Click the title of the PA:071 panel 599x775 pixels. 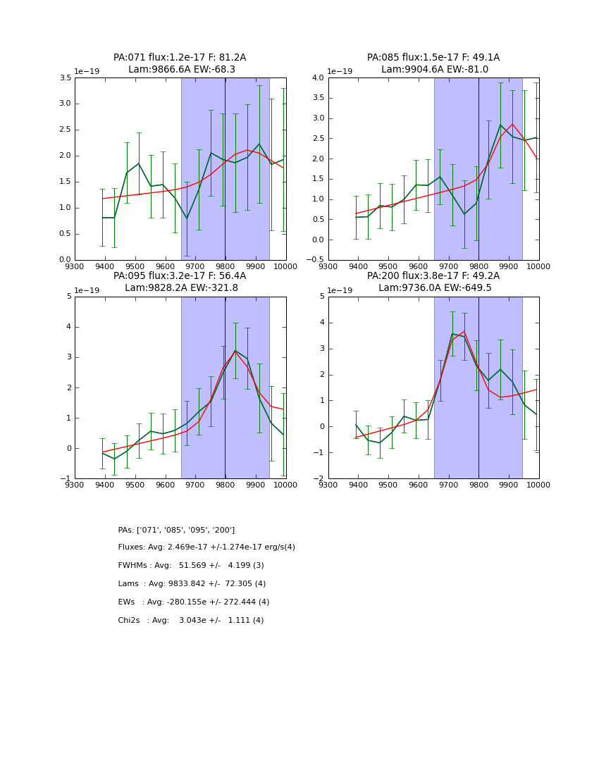point(180,63)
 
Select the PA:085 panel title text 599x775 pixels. point(433,63)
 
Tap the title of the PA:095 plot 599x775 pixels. point(180,282)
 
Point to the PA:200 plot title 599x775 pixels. point(433,282)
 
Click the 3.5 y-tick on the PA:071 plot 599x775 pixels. point(64,77)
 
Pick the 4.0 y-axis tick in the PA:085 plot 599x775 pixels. point(317,77)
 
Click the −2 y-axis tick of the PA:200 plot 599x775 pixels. point(319,478)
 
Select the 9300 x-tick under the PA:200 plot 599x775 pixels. point(328,485)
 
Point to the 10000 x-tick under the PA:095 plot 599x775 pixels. point(285,485)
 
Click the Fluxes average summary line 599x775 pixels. point(206,547)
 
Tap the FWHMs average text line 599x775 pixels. point(191,566)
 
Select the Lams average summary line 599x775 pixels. point(192,584)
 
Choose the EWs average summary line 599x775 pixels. point(194,602)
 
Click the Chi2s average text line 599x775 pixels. point(191,621)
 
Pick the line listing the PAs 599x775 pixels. point(176,530)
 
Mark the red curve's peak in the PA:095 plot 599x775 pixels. point(235,351)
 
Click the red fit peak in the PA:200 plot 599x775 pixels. point(464,331)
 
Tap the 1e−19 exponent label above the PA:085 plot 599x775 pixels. point(340,72)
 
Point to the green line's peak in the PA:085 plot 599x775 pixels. point(500,125)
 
